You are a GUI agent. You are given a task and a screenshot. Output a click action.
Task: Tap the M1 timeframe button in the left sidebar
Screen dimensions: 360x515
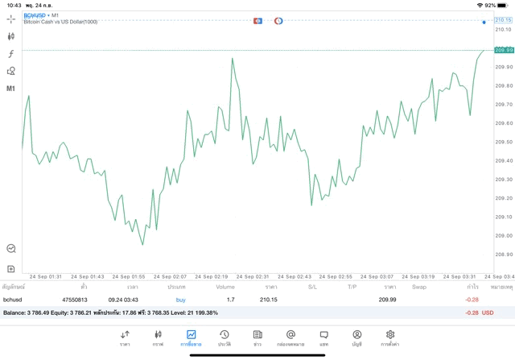pos(11,89)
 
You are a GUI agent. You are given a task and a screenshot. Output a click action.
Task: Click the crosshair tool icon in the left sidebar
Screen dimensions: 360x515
pos(11,18)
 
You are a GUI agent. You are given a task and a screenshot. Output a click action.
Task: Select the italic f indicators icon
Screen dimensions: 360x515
pos(11,53)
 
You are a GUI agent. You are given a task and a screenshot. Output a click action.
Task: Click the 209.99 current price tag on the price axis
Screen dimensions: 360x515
pos(503,50)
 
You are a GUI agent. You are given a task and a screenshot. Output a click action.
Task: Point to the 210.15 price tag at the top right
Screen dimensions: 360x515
pos(503,19)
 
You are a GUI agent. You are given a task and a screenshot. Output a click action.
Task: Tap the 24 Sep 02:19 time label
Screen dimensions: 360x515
pos(212,276)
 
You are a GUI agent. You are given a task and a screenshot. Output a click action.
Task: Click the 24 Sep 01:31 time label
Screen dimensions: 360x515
pos(44,276)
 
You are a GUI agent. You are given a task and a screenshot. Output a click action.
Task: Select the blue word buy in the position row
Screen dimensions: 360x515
pos(180,300)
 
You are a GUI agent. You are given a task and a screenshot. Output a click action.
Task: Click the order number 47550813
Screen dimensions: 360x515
pos(75,300)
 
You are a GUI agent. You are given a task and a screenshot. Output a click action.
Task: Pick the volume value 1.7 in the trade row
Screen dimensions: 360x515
pos(230,300)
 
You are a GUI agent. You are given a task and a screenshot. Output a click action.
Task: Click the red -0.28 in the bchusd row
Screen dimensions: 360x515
pos(472,300)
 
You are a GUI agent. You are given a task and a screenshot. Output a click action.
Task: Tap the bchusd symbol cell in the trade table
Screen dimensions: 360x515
pos(14,300)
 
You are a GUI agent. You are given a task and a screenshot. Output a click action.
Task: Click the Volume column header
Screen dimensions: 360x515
pos(225,287)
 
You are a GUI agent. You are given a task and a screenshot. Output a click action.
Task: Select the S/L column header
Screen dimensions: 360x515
pos(312,287)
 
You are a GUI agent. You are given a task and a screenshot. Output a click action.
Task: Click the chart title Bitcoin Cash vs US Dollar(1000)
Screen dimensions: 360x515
pos(60,22)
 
